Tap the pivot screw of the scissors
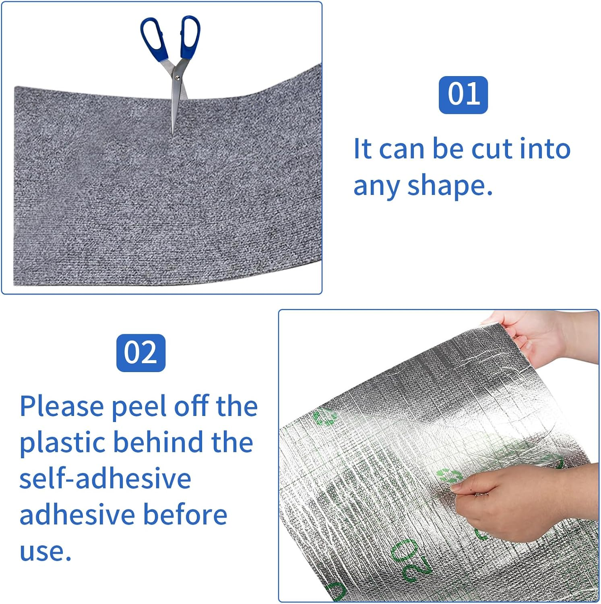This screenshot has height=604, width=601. (x=177, y=77)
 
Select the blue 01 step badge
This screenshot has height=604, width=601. (x=463, y=95)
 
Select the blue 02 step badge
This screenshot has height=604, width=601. (x=140, y=353)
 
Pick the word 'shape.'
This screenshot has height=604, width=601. (x=450, y=186)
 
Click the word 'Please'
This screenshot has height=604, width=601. (x=62, y=407)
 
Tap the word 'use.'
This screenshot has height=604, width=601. (x=45, y=552)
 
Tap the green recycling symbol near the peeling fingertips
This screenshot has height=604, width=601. (x=448, y=476)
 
